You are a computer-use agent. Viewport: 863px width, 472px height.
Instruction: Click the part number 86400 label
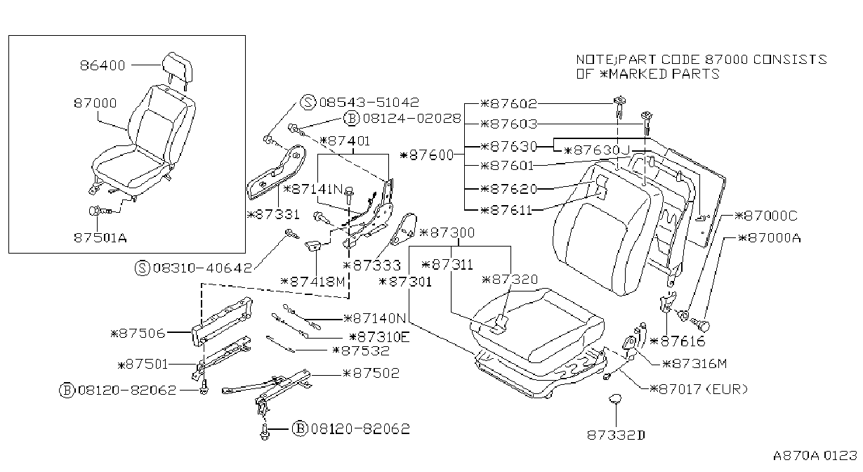[103, 65]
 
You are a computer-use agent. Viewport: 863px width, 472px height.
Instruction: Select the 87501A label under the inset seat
[100, 237]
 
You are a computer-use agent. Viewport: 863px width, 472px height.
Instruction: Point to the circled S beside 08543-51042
[308, 102]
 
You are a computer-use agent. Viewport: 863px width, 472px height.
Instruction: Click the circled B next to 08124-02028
[351, 118]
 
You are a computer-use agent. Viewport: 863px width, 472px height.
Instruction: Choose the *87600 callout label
[427, 155]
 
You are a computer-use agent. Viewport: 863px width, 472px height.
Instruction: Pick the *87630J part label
[596, 150]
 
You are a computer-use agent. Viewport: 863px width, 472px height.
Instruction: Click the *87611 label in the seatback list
[506, 211]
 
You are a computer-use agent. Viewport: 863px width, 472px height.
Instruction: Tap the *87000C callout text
[766, 216]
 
